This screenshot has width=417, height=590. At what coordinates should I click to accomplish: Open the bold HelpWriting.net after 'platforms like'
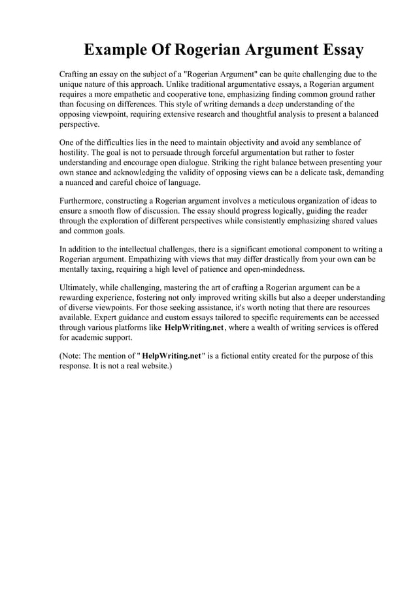coord(194,327)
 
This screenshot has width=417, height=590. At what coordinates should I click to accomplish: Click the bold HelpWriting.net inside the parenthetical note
coord(171,356)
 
